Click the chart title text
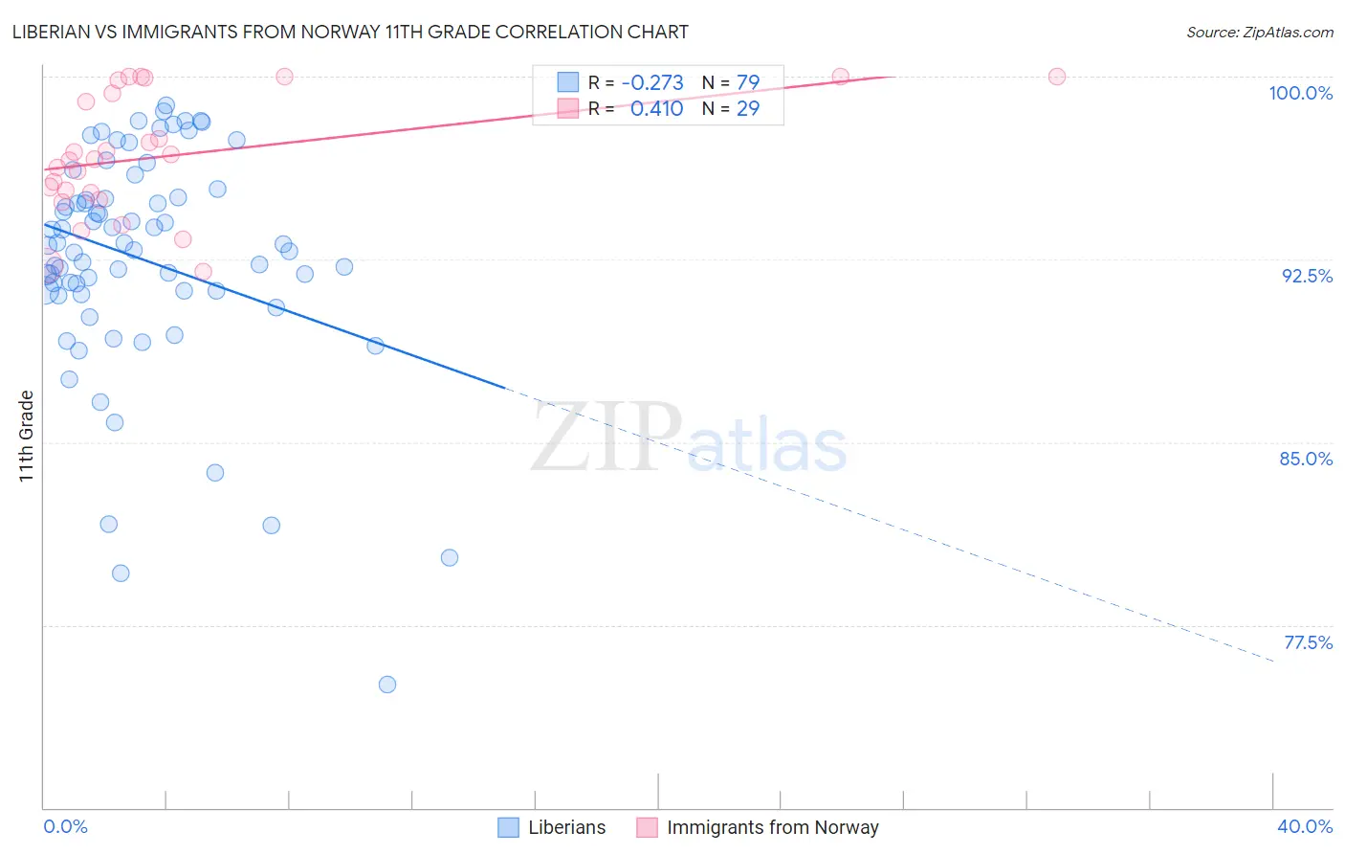tap(350, 32)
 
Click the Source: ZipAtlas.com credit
tap(1259, 32)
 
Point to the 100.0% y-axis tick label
tap(1300, 93)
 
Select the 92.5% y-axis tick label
tap(1307, 276)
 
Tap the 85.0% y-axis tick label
tap(1306, 459)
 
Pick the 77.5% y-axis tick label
tap(1308, 642)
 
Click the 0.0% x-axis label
tap(65, 826)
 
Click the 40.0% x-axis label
tap(1305, 826)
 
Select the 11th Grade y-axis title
tap(26, 436)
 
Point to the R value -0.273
tap(652, 83)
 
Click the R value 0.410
tap(656, 109)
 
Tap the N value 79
tap(748, 83)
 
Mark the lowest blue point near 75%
tap(387, 685)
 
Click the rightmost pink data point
tap(1057, 77)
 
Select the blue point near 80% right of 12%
tap(450, 557)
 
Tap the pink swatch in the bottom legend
tap(648, 827)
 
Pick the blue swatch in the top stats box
tap(568, 83)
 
